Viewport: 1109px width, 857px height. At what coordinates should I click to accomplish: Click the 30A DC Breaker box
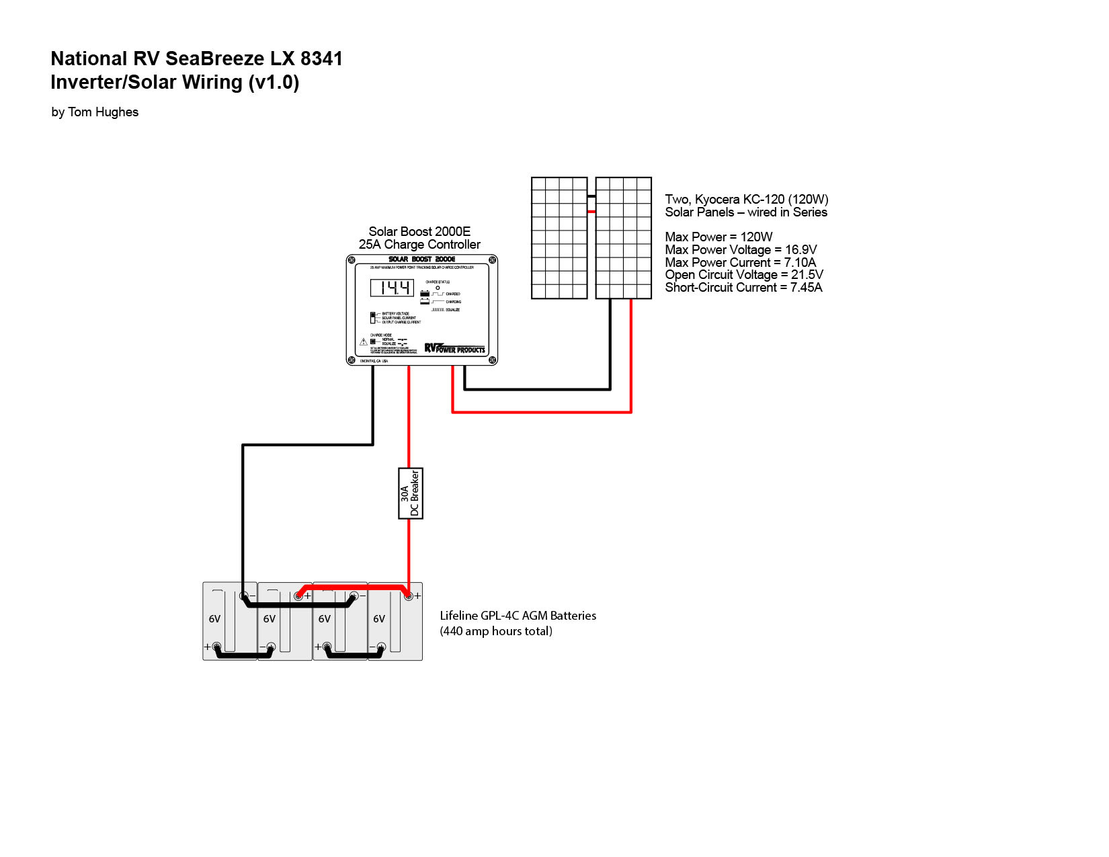(x=411, y=493)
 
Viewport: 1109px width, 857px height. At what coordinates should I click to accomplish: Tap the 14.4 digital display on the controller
(x=392, y=288)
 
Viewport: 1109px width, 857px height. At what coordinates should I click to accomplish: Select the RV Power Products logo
(x=454, y=348)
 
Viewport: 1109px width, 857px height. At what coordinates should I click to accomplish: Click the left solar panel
(x=559, y=238)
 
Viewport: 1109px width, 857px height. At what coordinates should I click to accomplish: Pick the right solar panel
(x=624, y=238)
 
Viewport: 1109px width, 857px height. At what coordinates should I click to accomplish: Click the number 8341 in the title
(x=321, y=59)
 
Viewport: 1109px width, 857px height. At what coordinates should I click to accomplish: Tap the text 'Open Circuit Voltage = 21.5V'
(x=744, y=275)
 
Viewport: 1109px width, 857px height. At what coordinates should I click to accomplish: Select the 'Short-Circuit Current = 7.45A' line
(x=743, y=288)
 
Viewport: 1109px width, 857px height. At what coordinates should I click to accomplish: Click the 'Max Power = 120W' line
(x=718, y=237)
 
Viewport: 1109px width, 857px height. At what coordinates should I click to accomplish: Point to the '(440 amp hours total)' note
(x=496, y=631)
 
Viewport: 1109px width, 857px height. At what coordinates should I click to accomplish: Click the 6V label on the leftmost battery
(x=214, y=619)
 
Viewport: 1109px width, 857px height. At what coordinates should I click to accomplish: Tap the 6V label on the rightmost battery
(x=379, y=619)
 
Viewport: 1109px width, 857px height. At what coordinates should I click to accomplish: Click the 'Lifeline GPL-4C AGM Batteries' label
(x=518, y=616)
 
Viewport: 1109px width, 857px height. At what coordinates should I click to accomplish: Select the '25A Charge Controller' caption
(x=419, y=245)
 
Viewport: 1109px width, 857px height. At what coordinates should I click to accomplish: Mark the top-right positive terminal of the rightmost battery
(x=408, y=596)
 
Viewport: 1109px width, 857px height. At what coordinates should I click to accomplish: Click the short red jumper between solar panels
(x=591, y=212)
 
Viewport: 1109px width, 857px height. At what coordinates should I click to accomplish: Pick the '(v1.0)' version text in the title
(x=274, y=83)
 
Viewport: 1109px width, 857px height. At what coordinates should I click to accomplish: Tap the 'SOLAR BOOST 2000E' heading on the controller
(x=421, y=259)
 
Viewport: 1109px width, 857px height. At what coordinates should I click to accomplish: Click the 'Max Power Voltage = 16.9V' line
(x=741, y=250)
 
